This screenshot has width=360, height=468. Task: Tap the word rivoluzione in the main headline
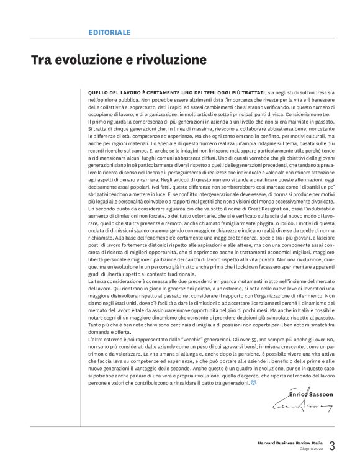coord(169,60)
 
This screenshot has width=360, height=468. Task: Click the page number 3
coord(332,446)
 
